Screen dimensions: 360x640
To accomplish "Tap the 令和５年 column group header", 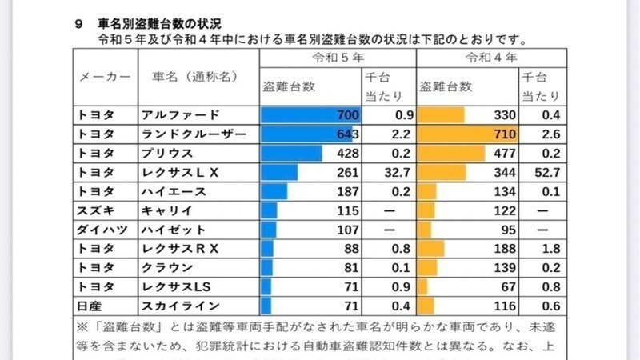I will [338, 58].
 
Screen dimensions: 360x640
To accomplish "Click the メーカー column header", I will [105, 77].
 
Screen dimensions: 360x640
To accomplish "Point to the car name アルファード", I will [178, 114].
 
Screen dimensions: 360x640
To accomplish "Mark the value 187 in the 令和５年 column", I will [346, 191].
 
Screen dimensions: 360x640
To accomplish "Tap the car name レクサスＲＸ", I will [179, 249].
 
